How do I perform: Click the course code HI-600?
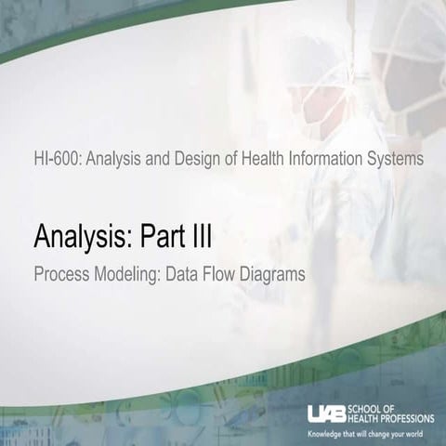click(x=55, y=159)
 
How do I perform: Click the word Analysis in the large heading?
click(x=83, y=239)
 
